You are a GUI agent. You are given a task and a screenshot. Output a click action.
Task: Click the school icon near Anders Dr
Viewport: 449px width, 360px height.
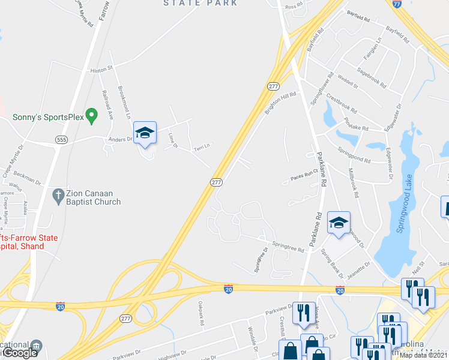pos(144,133)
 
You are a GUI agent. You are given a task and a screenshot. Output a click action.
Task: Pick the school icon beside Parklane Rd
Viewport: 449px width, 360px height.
pos(339,223)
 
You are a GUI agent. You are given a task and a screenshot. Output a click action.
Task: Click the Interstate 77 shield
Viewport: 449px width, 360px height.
pos(396,4)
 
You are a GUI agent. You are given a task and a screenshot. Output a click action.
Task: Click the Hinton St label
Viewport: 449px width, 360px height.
pos(101,70)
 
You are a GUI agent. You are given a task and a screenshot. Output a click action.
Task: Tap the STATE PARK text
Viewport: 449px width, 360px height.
pos(200,3)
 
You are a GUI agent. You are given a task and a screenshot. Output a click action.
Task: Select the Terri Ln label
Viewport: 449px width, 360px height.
pos(202,146)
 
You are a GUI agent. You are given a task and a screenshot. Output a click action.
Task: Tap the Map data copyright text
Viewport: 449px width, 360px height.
pos(424,355)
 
